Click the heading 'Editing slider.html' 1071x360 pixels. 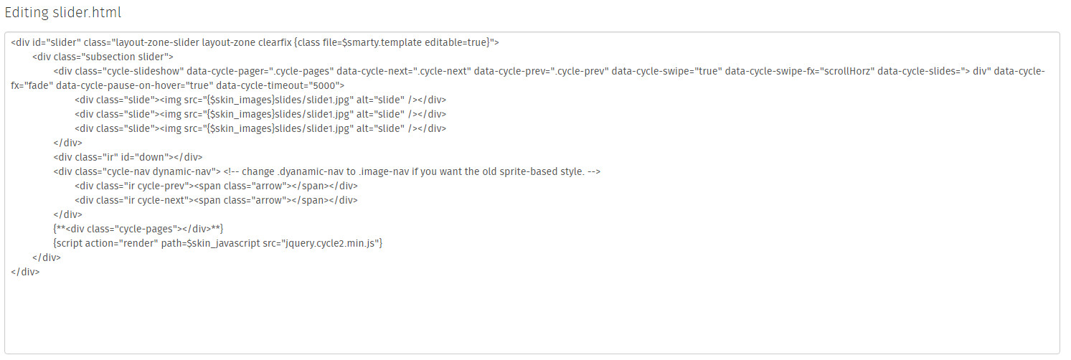click(x=62, y=13)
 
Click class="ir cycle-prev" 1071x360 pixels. click(x=143, y=186)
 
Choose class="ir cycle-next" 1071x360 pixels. click(x=143, y=200)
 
